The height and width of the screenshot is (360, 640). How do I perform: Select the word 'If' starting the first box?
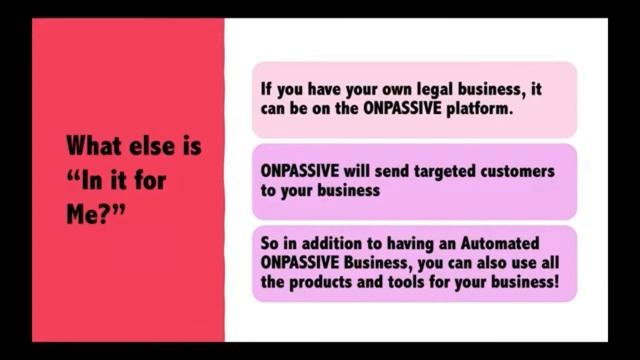(266, 90)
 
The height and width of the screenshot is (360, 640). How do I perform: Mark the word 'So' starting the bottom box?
(270, 244)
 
